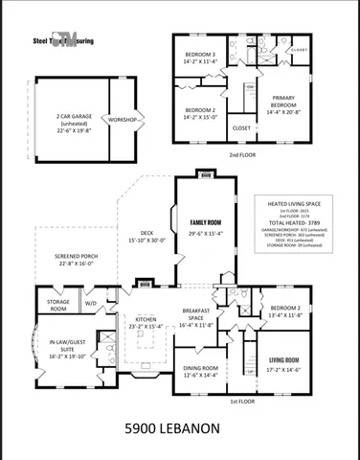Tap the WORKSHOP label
tap(124, 120)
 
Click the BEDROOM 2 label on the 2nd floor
tap(200, 109)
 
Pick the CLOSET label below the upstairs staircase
tap(242, 126)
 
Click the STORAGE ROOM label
tap(57, 306)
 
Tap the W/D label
tap(91, 304)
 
